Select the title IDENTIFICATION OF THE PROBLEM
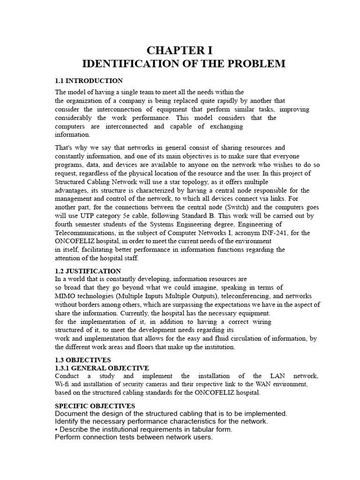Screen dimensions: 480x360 [x=183, y=64]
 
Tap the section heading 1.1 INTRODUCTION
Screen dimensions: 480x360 [x=89, y=81]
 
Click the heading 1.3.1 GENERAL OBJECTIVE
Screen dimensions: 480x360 [x=102, y=368]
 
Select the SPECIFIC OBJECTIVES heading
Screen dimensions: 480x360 [x=95, y=405]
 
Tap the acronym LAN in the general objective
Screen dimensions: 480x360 [x=275, y=376]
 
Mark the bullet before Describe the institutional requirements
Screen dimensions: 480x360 [x=56, y=429]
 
